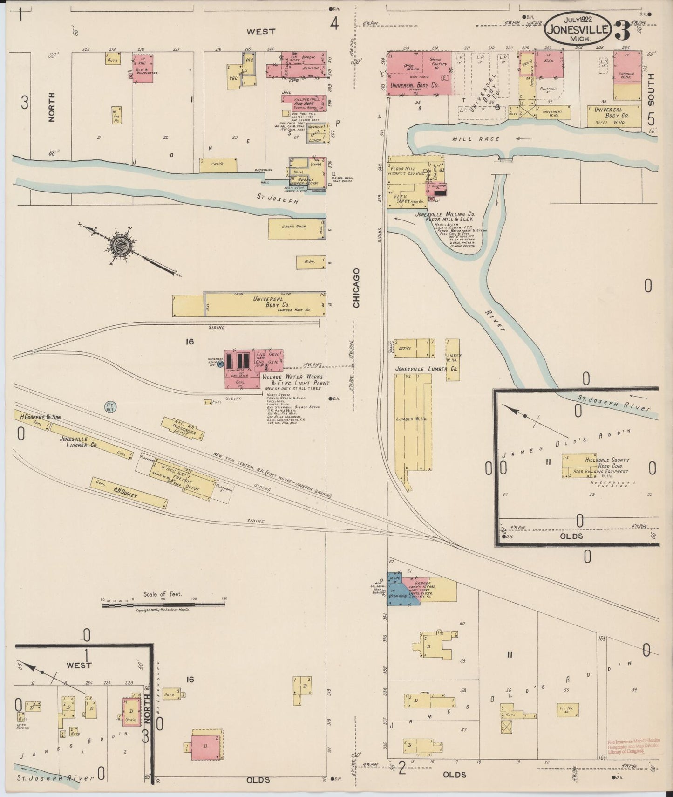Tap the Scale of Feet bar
pyautogui.click(x=163, y=605)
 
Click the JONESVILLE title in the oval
pyautogui.click(x=578, y=29)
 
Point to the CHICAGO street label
pyautogui.click(x=356, y=288)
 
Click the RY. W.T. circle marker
pyautogui.click(x=110, y=406)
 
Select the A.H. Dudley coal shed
pyautogui.click(x=129, y=493)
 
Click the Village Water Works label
pyautogui.click(x=292, y=377)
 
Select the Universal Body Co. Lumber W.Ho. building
pyautogui.click(x=265, y=304)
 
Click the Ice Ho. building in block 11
pyautogui.click(x=568, y=710)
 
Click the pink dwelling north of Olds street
pyautogui.click(x=205, y=745)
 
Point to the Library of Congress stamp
pyautogui.click(x=634, y=746)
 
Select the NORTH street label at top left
pyautogui.click(x=51, y=107)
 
